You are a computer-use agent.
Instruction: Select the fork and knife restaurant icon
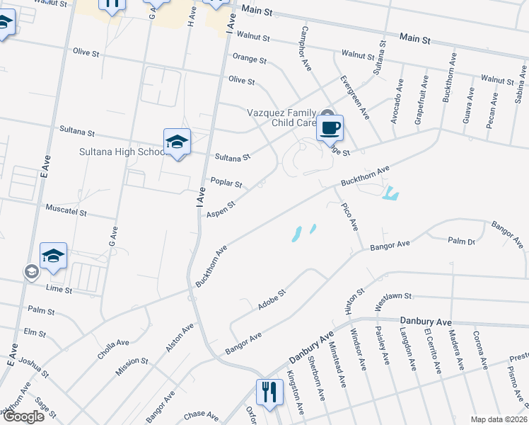click(268, 391)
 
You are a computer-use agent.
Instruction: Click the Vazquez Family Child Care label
click(281, 118)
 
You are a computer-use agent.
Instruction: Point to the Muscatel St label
click(66, 211)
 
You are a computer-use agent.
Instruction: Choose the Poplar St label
click(227, 181)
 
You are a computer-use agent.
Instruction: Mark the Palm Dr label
click(460, 242)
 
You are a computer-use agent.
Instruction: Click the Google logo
click(23, 416)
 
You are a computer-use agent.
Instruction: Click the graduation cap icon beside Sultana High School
click(177, 142)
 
